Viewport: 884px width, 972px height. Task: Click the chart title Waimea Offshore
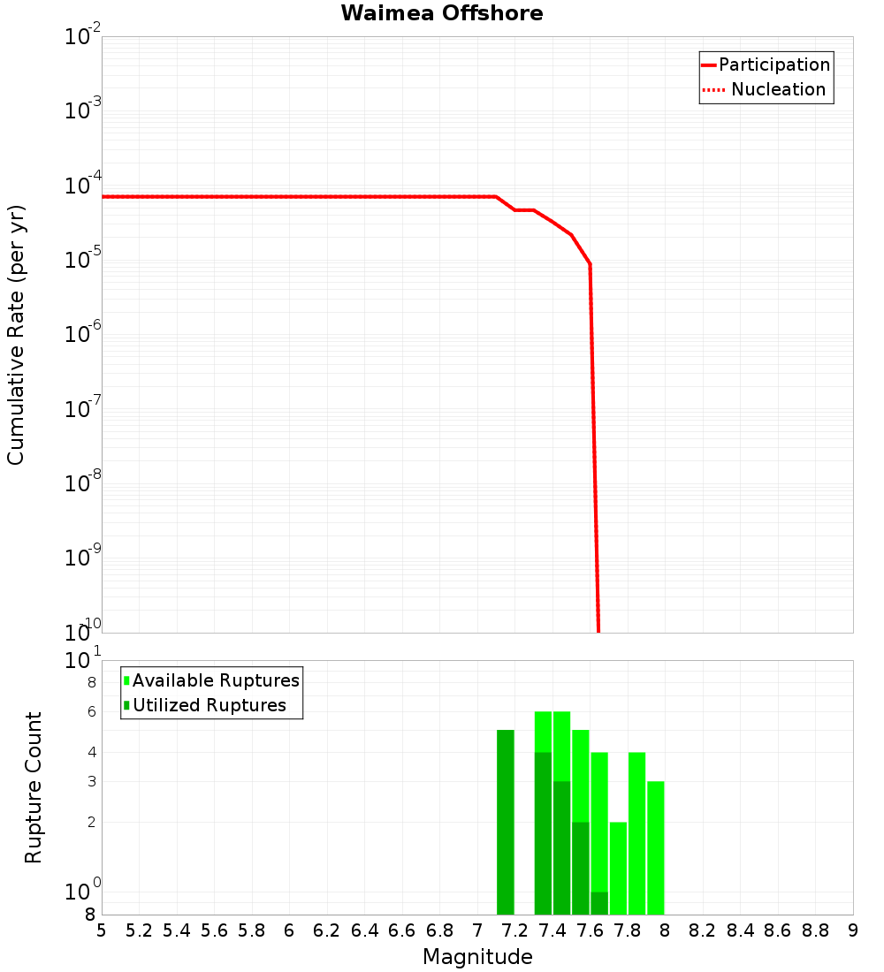[442, 13]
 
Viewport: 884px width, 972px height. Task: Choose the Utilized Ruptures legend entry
[209, 705]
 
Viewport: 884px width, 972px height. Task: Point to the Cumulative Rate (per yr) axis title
[16, 335]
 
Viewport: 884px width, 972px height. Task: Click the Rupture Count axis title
[34, 787]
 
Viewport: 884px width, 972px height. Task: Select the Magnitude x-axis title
[477, 957]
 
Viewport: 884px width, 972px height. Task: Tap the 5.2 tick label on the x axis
[140, 930]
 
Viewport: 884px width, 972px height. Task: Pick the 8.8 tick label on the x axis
[815, 930]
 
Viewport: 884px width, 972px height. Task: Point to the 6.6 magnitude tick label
[402, 930]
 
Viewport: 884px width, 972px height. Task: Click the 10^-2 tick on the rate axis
[83, 37]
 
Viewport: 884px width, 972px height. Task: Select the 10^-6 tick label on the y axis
[83, 335]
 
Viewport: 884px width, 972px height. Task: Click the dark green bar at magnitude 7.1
[505, 822]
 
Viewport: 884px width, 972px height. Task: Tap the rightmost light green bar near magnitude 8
[656, 848]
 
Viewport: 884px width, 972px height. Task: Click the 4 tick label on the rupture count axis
[90, 752]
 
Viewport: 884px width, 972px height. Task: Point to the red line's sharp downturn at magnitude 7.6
[590, 264]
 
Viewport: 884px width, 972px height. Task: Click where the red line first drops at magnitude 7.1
[496, 196]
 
